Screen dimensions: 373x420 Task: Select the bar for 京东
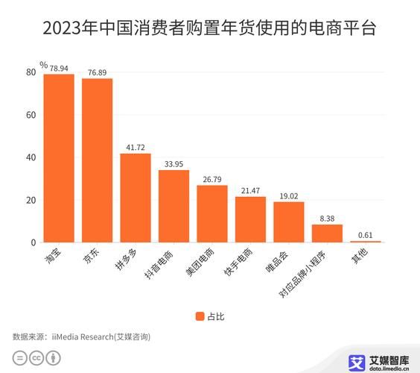[x=97, y=160]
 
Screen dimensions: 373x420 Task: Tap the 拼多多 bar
[x=136, y=198]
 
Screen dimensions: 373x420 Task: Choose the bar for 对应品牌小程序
[x=327, y=233]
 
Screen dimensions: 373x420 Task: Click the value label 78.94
[x=59, y=68]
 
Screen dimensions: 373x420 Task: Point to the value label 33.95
[x=174, y=164]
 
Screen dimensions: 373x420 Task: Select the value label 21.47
[x=250, y=191]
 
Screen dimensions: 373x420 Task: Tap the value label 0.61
[x=366, y=235]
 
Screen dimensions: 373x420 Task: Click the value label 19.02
[x=289, y=196]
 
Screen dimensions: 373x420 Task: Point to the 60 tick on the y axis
[x=31, y=115]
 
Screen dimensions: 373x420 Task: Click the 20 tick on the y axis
[x=31, y=200]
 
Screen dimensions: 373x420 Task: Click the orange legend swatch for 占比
[x=200, y=316]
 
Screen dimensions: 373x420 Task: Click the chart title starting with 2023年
[x=209, y=29]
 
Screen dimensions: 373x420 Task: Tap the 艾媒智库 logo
[x=379, y=361]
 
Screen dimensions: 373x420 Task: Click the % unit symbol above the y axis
[x=44, y=65]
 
